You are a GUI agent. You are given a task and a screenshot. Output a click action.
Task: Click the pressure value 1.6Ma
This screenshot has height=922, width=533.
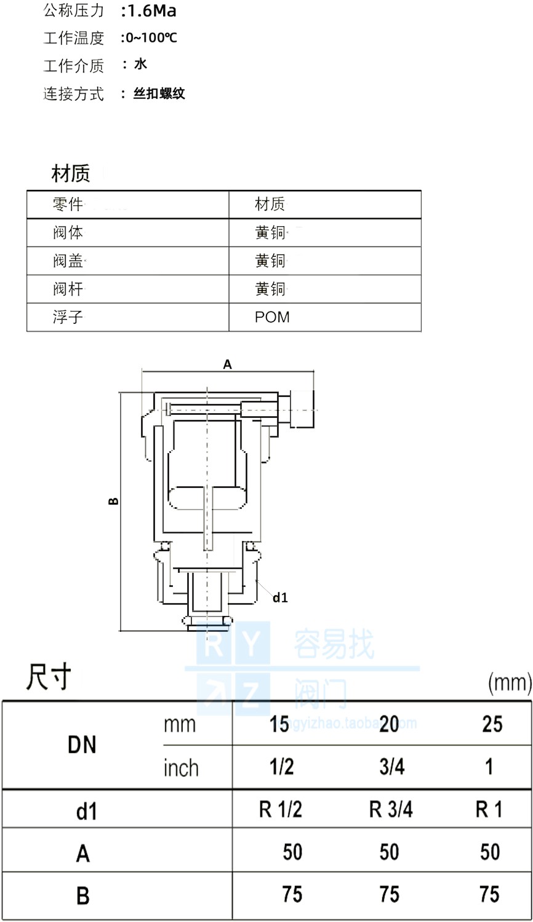(151, 11)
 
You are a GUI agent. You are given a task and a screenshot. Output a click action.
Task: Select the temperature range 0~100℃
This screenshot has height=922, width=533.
(151, 38)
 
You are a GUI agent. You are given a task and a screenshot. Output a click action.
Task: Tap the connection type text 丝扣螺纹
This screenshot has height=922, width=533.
(159, 94)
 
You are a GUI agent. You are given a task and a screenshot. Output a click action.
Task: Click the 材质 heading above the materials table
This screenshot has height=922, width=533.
(71, 173)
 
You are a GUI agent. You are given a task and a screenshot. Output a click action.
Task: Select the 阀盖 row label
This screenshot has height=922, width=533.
(68, 261)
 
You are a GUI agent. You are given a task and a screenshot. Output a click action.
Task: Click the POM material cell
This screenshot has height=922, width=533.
(272, 317)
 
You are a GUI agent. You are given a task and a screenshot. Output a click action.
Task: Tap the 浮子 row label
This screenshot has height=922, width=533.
(68, 317)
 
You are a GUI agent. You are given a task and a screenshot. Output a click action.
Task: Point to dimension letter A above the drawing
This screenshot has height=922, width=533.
(227, 364)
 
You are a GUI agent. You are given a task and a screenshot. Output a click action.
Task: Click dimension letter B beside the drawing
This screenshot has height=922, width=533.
(113, 502)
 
